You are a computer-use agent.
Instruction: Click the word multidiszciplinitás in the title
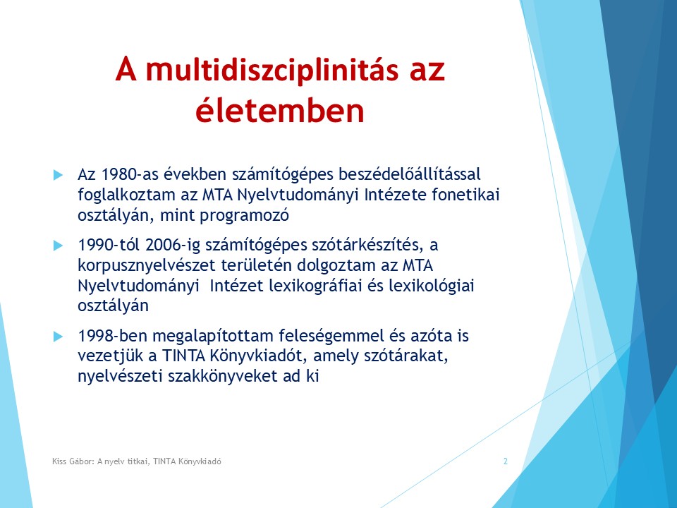(272, 69)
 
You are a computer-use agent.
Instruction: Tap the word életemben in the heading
(280, 110)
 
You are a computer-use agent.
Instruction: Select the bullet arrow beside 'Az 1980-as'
(58, 175)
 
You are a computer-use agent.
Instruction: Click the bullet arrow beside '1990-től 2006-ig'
(58, 246)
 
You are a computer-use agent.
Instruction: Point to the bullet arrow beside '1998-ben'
(58, 337)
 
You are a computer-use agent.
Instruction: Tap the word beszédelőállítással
(409, 174)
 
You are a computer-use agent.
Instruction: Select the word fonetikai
(465, 195)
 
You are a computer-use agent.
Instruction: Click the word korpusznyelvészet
(147, 265)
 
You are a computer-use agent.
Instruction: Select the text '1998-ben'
(113, 336)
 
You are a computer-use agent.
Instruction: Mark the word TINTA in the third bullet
(183, 356)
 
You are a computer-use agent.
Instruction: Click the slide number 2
(506, 461)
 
